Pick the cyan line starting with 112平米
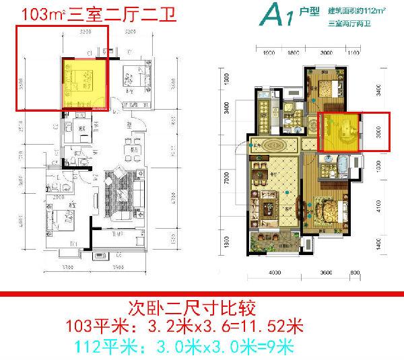point(192,346)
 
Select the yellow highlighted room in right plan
point(341,132)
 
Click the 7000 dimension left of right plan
point(227,180)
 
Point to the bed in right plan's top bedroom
point(326,88)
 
